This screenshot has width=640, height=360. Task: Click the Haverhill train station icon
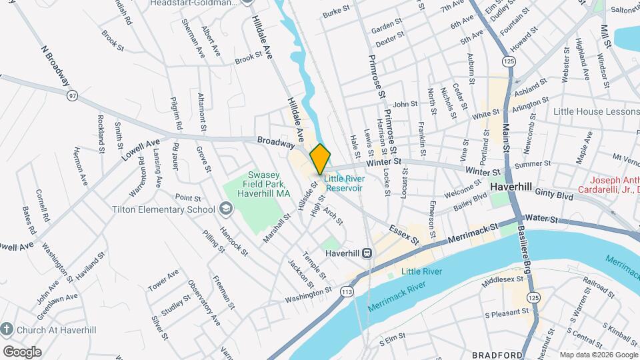(367, 253)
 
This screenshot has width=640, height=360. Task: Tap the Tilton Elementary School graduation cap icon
(226, 209)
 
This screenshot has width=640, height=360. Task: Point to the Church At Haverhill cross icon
(7, 329)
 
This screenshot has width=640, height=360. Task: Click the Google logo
(22, 352)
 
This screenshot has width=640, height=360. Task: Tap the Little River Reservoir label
(343, 183)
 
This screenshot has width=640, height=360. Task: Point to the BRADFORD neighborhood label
(497, 355)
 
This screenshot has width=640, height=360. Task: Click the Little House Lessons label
(596, 111)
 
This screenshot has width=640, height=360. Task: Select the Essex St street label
(405, 234)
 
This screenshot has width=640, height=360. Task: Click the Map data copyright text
(598, 355)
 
